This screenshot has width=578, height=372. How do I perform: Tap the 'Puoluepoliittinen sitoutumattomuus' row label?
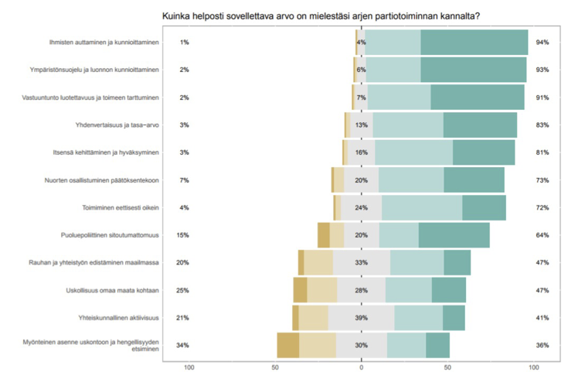coord(110,235)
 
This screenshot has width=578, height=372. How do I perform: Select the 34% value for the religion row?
coord(184,345)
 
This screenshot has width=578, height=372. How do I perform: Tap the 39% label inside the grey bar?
coord(361,318)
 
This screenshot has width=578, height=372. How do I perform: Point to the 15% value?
coord(184,235)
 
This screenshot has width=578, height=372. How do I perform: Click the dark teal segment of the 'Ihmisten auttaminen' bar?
coord(474,42)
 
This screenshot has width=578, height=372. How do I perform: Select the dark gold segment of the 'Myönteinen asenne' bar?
coord(288,345)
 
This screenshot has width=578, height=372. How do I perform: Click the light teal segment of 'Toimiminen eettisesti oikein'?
coord(422,207)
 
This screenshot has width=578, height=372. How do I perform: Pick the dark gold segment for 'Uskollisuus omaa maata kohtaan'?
coord(300,290)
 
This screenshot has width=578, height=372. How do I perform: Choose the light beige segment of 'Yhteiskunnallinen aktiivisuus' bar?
coord(314,318)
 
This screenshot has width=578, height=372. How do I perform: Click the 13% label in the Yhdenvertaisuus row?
coord(361,125)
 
